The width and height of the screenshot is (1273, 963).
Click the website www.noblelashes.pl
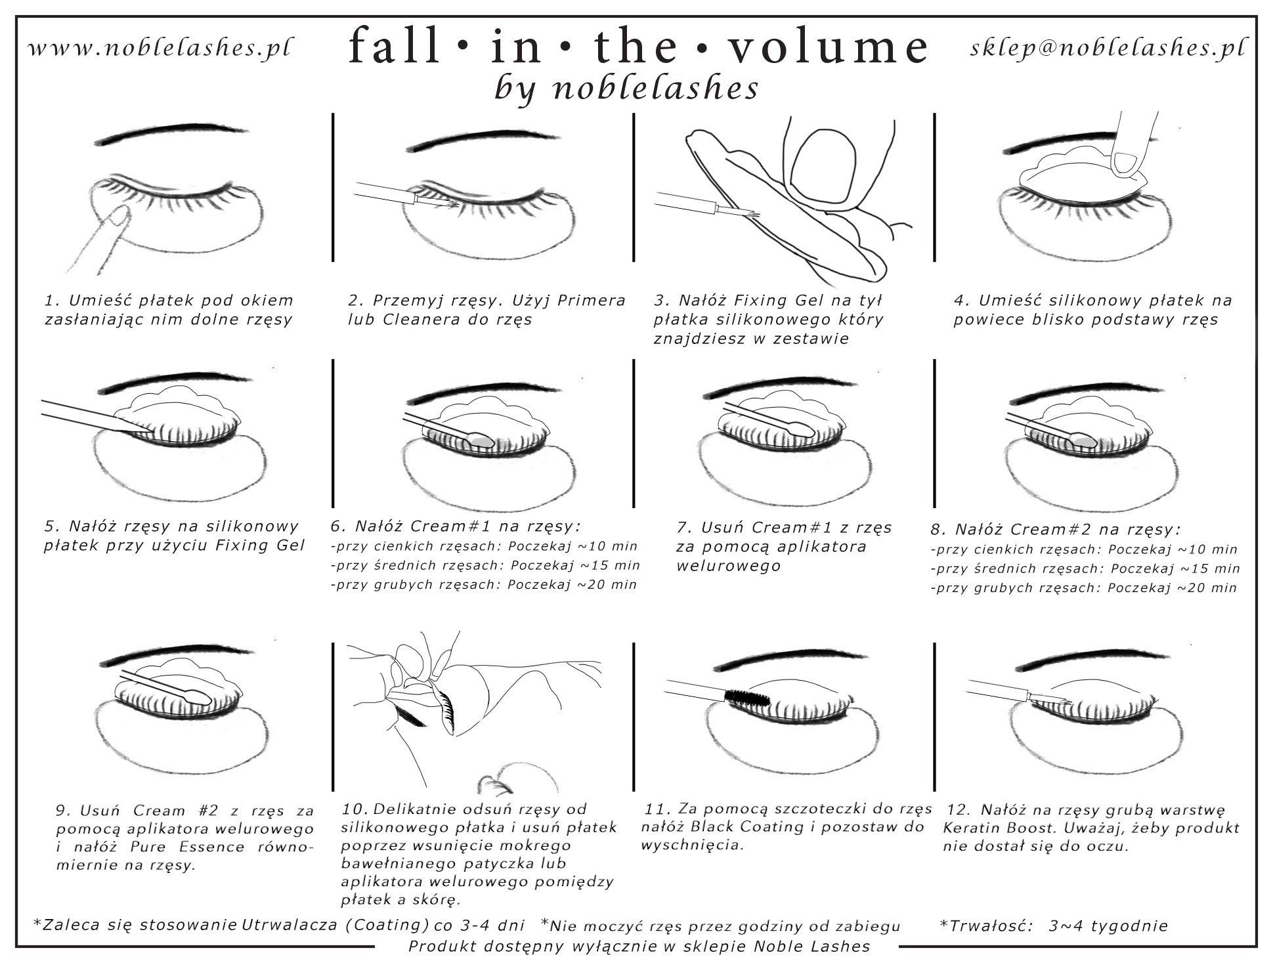161,47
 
